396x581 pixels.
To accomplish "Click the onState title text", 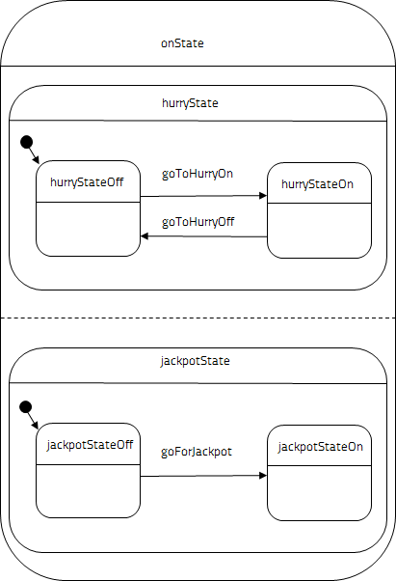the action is pyautogui.click(x=182, y=43).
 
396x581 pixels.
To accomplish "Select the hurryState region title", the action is pyautogui.click(x=190, y=103).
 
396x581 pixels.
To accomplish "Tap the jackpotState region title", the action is pyautogui.click(x=196, y=361).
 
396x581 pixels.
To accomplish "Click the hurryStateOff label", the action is pyautogui.click(x=87, y=182).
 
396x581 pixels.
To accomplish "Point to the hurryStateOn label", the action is pyautogui.click(x=317, y=184).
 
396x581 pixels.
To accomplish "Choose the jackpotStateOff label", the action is pyautogui.click(x=90, y=445).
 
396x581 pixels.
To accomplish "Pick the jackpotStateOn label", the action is pyautogui.click(x=321, y=447).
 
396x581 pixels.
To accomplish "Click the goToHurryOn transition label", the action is pyautogui.click(x=198, y=174).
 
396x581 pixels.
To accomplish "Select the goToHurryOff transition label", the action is pyautogui.click(x=198, y=222).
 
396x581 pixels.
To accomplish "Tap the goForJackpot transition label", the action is pyautogui.click(x=197, y=452).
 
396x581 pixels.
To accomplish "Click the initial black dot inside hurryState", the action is pyautogui.click(x=26, y=142).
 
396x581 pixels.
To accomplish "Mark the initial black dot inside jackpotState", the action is pyautogui.click(x=25, y=407).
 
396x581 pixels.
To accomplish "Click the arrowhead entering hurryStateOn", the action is pyautogui.click(x=263, y=196).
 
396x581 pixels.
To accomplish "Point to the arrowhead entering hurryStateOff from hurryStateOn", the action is pyautogui.click(x=145, y=236).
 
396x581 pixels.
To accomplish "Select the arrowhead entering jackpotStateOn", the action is pyautogui.click(x=263, y=476).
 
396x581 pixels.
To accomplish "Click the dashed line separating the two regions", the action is pyautogui.click(x=198, y=318).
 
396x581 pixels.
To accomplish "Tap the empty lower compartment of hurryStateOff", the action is pyautogui.click(x=88, y=229).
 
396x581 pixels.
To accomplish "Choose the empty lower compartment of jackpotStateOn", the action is pyautogui.click(x=320, y=493).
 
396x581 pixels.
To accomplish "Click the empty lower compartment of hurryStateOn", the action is pyautogui.click(x=320, y=231).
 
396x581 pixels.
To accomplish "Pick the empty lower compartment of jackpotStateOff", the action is pyautogui.click(x=88, y=491).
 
